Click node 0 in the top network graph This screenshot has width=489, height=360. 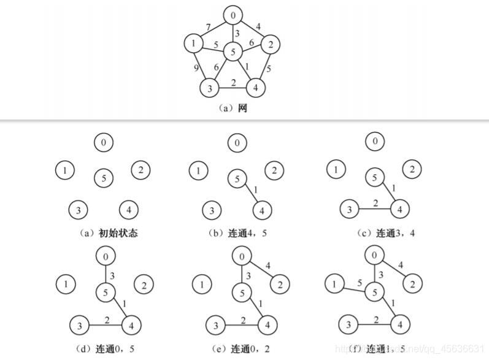tap(233, 14)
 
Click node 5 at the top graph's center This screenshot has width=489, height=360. tap(233, 53)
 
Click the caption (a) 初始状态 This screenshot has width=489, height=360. tap(104, 232)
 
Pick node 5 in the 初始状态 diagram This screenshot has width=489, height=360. tap(104, 178)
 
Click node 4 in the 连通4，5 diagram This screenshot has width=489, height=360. tap(261, 210)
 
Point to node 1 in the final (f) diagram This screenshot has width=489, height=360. tap(334, 283)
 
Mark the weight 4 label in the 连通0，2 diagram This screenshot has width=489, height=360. tap(268, 265)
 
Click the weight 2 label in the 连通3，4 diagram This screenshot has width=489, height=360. tap(375, 203)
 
